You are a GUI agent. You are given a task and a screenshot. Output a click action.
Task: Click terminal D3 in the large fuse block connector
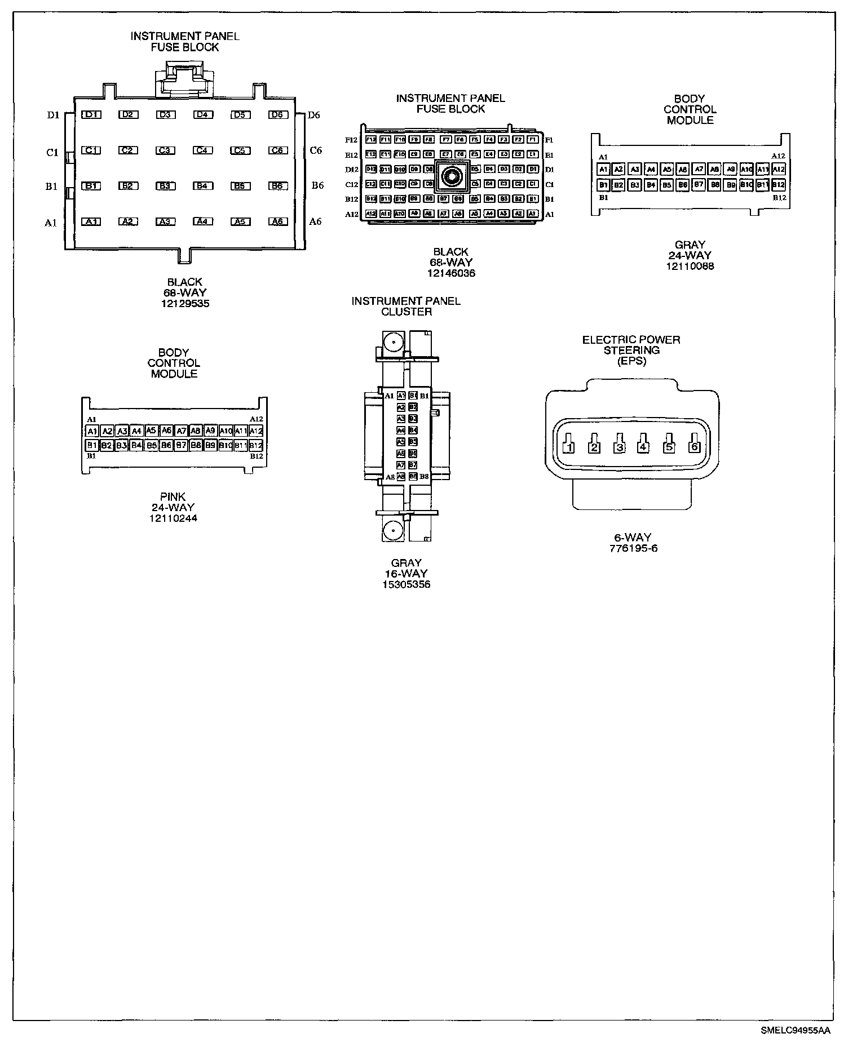[165, 115]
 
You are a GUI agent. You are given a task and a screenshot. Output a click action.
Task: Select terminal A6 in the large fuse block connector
[278, 221]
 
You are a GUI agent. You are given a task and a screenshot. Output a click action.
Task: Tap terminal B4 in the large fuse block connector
[203, 186]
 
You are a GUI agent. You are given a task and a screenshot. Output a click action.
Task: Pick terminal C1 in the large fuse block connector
[91, 150]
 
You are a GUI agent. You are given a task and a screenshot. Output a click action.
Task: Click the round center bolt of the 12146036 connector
[451, 177]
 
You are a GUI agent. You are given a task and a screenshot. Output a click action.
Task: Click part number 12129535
[184, 303]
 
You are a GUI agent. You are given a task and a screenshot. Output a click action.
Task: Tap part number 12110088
[690, 266]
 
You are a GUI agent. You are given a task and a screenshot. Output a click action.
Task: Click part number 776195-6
[633, 548]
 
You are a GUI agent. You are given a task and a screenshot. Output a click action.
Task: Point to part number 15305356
[406, 584]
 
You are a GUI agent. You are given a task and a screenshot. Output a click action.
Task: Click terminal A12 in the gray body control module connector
[779, 169]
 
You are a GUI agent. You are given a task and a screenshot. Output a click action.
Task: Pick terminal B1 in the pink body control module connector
[92, 445]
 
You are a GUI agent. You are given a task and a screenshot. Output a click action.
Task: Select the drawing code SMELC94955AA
[795, 1031]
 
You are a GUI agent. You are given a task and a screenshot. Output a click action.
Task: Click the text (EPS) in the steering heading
[631, 361]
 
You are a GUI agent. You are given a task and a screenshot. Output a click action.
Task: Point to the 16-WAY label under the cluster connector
[406, 573]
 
